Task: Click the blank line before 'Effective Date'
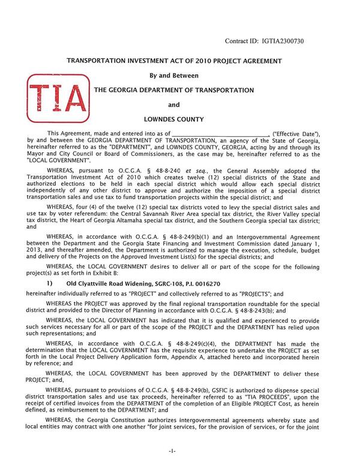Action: click(x=219, y=133)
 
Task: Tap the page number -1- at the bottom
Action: click(x=179, y=450)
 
